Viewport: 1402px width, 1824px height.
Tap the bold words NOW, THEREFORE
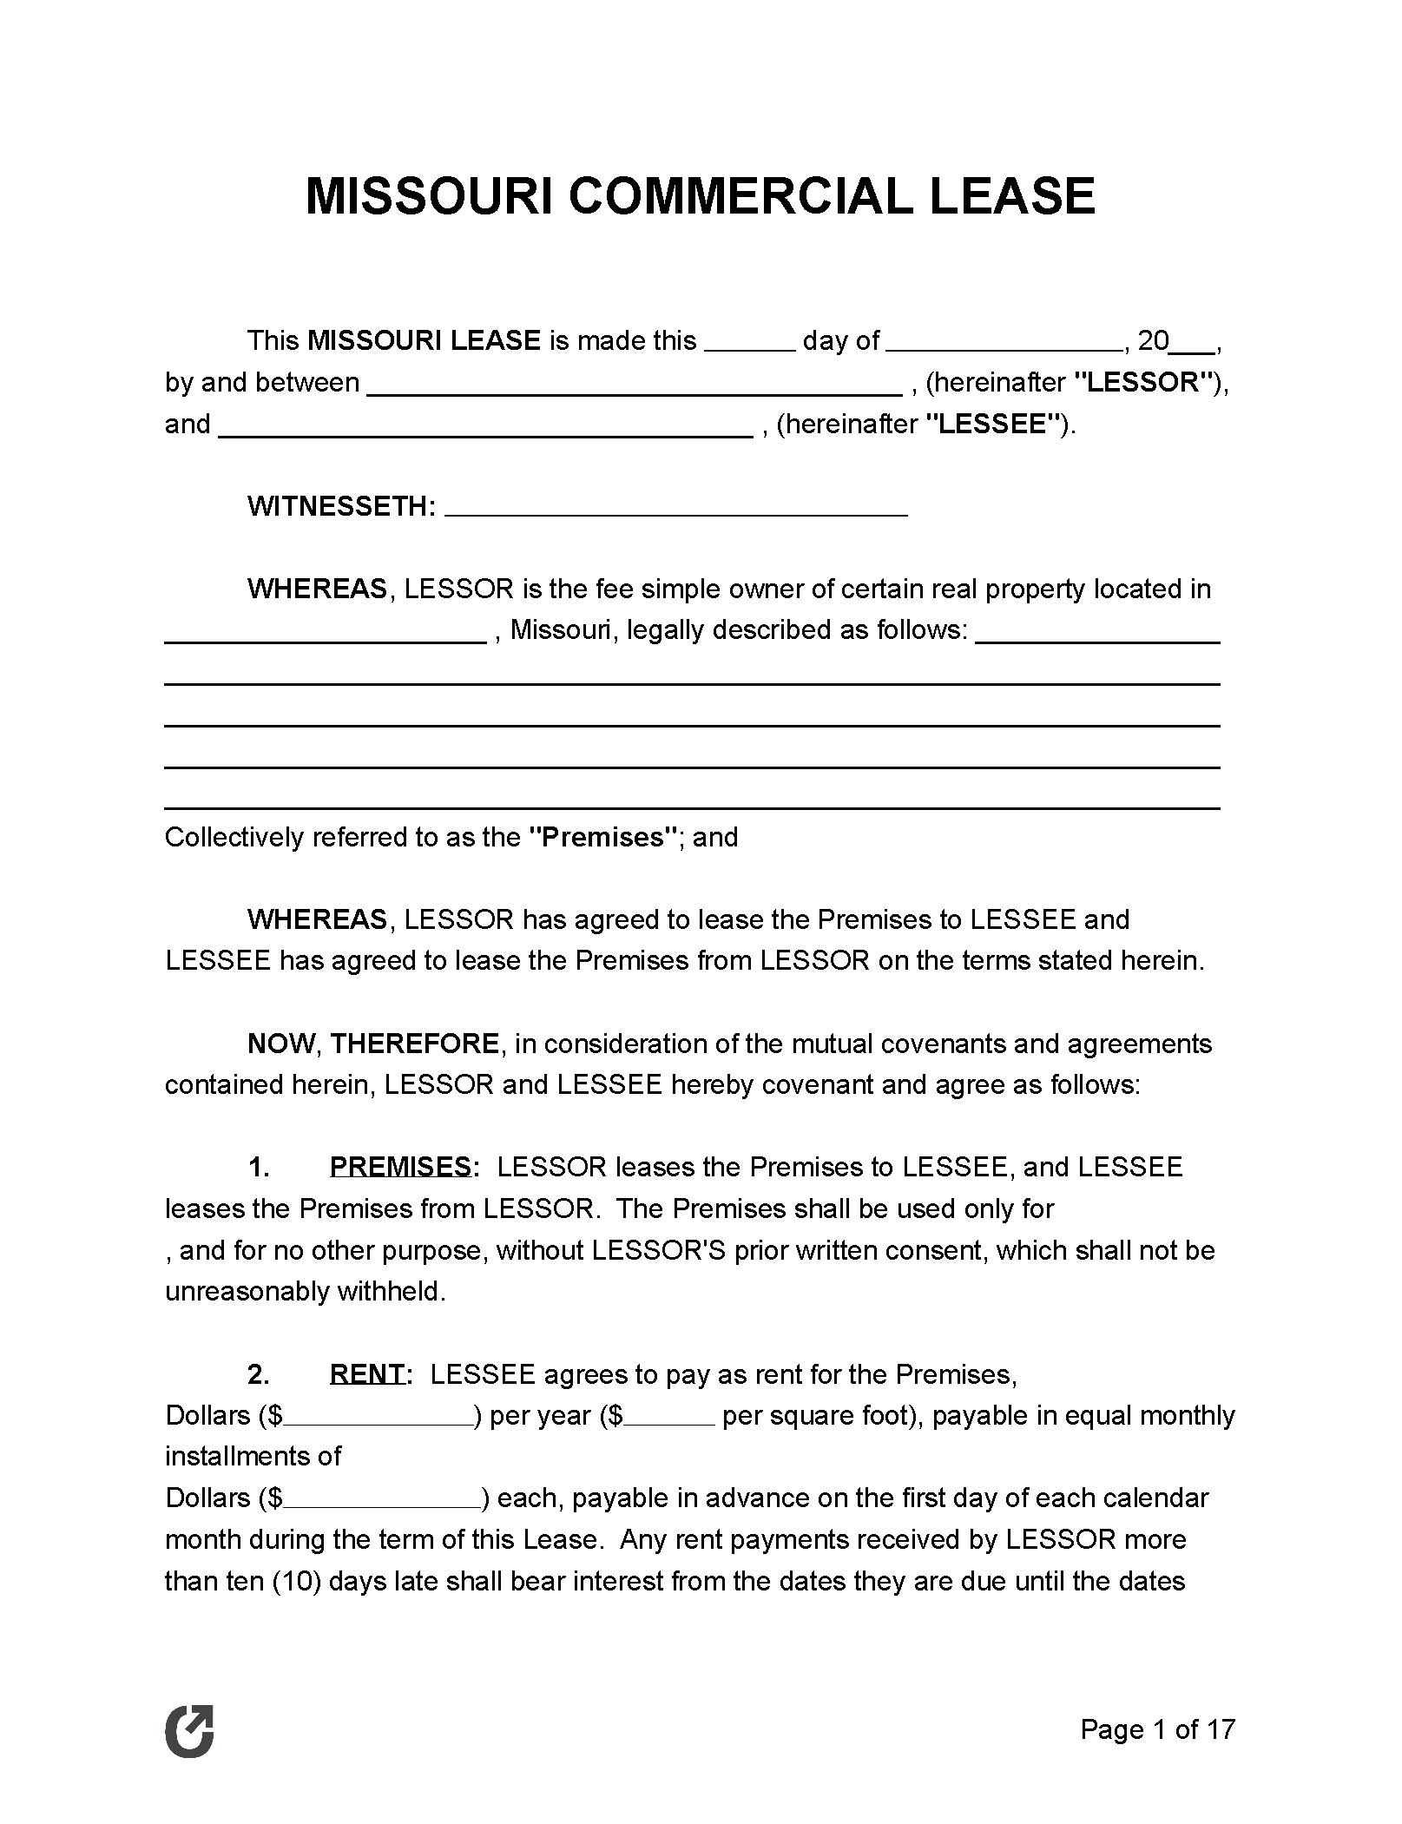(x=373, y=1044)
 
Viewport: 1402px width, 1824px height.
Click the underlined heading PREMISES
(x=400, y=1168)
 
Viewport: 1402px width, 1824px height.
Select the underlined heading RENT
(x=366, y=1374)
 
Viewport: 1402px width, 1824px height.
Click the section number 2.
(x=259, y=1374)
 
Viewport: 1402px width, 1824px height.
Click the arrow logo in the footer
(x=189, y=1729)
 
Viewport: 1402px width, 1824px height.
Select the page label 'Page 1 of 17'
(x=1156, y=1729)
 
